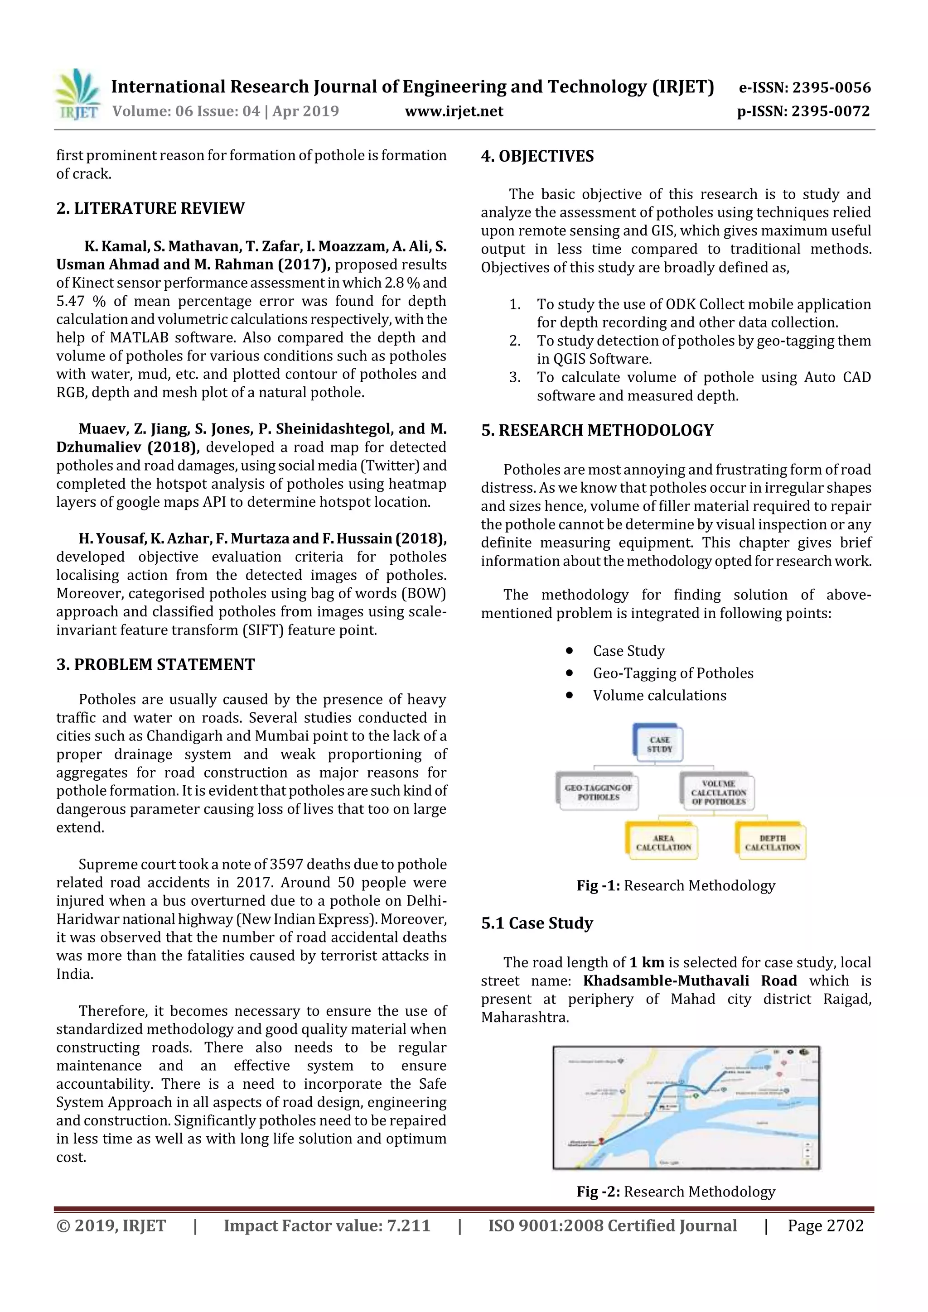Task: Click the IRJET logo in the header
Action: click(77, 94)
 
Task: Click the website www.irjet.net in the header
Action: click(454, 111)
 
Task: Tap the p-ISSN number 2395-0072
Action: click(830, 111)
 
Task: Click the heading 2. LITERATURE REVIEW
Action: click(150, 208)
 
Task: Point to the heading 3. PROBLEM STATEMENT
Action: click(155, 664)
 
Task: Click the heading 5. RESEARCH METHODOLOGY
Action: click(597, 430)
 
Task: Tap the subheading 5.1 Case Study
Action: click(536, 923)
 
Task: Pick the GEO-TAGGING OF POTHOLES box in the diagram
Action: click(598, 792)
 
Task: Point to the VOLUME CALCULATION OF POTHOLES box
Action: click(718, 792)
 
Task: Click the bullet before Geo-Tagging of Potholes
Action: click(569, 673)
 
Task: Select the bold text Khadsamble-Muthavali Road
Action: click(690, 980)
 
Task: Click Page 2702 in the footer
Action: click(825, 1225)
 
